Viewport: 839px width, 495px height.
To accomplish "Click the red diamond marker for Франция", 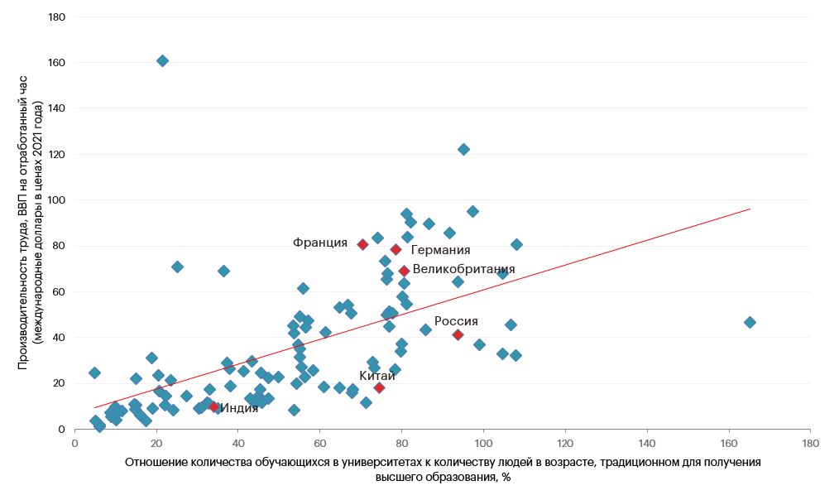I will pyautogui.click(x=362, y=244).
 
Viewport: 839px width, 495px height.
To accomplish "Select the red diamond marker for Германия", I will pyautogui.click(x=396, y=249).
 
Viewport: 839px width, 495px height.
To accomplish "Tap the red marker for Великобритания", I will pyautogui.click(x=404, y=271).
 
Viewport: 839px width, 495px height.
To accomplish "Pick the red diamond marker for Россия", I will pyautogui.click(x=458, y=334).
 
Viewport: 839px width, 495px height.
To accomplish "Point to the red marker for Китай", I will pyautogui.click(x=379, y=387).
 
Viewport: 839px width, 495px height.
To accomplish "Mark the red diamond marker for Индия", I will pyautogui.click(x=213, y=406).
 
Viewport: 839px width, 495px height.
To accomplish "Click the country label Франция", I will pyautogui.click(x=320, y=243).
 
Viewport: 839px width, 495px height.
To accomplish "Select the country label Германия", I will pyautogui.click(x=440, y=250).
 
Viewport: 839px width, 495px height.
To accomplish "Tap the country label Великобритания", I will pyautogui.click(x=463, y=269).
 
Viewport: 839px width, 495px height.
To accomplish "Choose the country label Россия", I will pyautogui.click(x=456, y=321).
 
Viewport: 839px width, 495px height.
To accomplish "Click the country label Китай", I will pyautogui.click(x=376, y=375).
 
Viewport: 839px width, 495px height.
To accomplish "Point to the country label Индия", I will pyautogui.click(x=239, y=407).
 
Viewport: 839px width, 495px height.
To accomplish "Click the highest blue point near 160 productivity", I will pyautogui.click(x=162, y=60).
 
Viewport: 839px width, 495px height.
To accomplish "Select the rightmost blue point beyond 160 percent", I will pyautogui.click(x=750, y=322).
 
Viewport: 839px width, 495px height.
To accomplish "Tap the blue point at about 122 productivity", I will pyautogui.click(x=463, y=149).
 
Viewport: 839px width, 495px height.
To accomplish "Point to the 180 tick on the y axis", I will pyautogui.click(x=57, y=17).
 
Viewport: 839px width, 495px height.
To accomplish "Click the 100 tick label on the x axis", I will pyautogui.click(x=483, y=442).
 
